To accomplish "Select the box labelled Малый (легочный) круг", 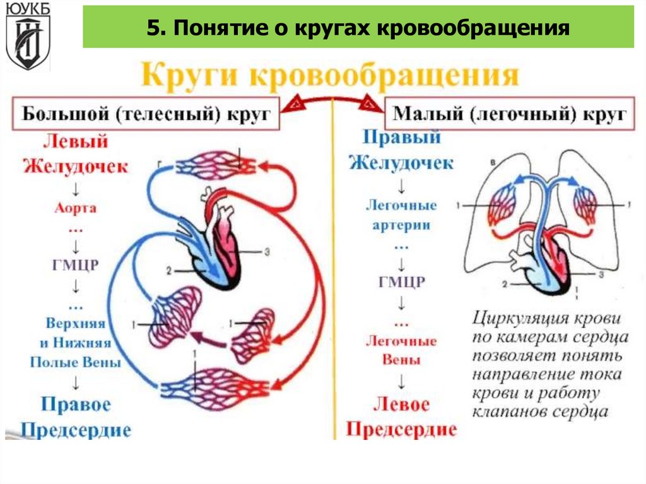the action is pos(509,114).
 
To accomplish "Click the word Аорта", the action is pos(75,208).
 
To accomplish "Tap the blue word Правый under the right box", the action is pos(402,137).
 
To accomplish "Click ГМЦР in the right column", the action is pos(401,281).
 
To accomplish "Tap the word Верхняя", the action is pos(75,323).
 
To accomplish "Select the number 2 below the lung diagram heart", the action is pos(505,284).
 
